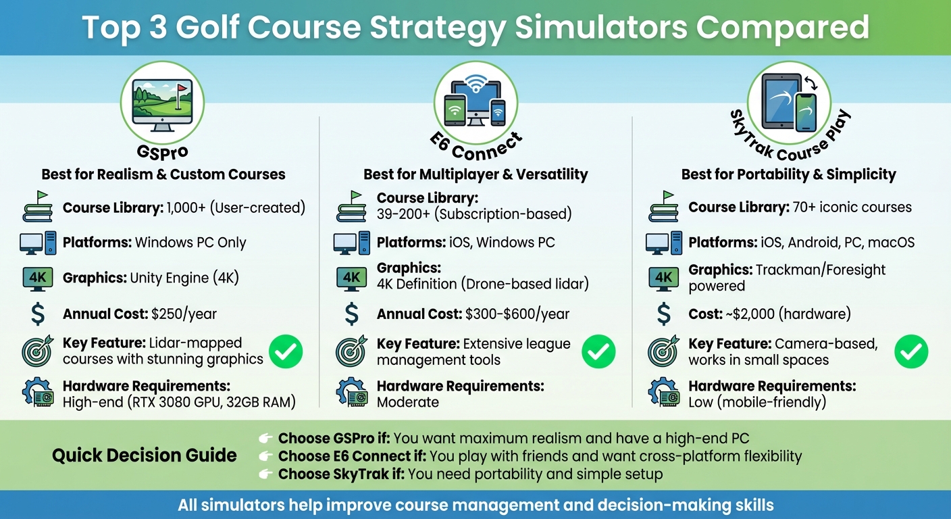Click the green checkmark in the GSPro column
286,351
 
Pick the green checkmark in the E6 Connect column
598,351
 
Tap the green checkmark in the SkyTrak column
911,351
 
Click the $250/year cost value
184,314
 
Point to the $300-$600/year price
517,314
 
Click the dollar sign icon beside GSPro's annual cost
38,314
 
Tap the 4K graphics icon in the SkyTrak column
664,278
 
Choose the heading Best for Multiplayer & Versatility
475,174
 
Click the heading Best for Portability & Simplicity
788,174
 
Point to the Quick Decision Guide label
145,455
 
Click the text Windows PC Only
190,243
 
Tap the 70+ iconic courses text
851,207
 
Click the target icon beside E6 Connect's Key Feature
351,351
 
